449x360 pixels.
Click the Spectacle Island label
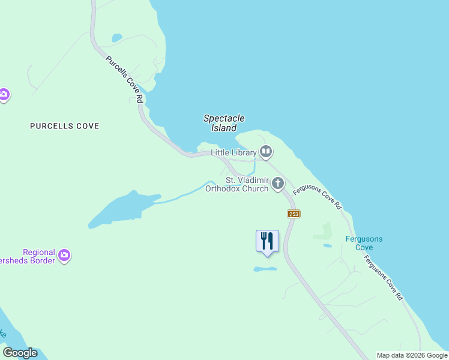tap(224, 123)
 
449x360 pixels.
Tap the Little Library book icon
tap(266, 152)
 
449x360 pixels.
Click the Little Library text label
tap(234, 153)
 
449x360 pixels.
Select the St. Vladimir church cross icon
tap(277, 184)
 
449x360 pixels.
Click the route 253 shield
tap(293, 214)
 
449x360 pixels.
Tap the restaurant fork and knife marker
tap(268, 241)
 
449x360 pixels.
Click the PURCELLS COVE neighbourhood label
tap(65, 126)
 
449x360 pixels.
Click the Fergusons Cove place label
tap(364, 243)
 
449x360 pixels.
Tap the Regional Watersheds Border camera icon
tap(64, 256)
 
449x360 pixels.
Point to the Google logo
tap(20, 353)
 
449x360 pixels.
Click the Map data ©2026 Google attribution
tap(412, 355)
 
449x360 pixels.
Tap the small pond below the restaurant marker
tap(265, 269)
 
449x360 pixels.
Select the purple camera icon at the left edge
tap(4, 95)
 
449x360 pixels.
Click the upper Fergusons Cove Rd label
tap(318, 197)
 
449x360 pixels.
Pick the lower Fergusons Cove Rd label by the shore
tap(382, 277)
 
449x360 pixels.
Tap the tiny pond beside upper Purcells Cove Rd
tap(116, 38)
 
